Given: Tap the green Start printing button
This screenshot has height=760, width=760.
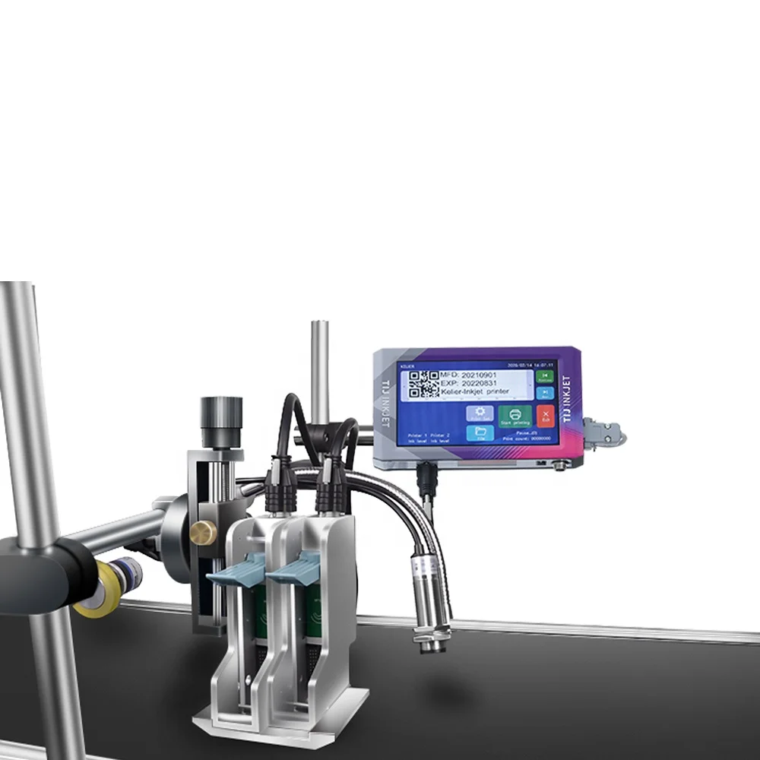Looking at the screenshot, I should tap(515, 416).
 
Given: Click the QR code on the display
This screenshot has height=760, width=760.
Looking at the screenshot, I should tap(424, 385).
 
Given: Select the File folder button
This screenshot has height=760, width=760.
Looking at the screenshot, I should tap(480, 433).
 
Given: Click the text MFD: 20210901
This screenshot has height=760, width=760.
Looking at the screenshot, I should tap(469, 375).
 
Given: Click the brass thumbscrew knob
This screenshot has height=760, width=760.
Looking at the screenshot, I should tap(202, 532).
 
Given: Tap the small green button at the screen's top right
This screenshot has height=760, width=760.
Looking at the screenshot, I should tap(544, 375).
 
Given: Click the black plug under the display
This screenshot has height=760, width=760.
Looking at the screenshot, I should tap(427, 477).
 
